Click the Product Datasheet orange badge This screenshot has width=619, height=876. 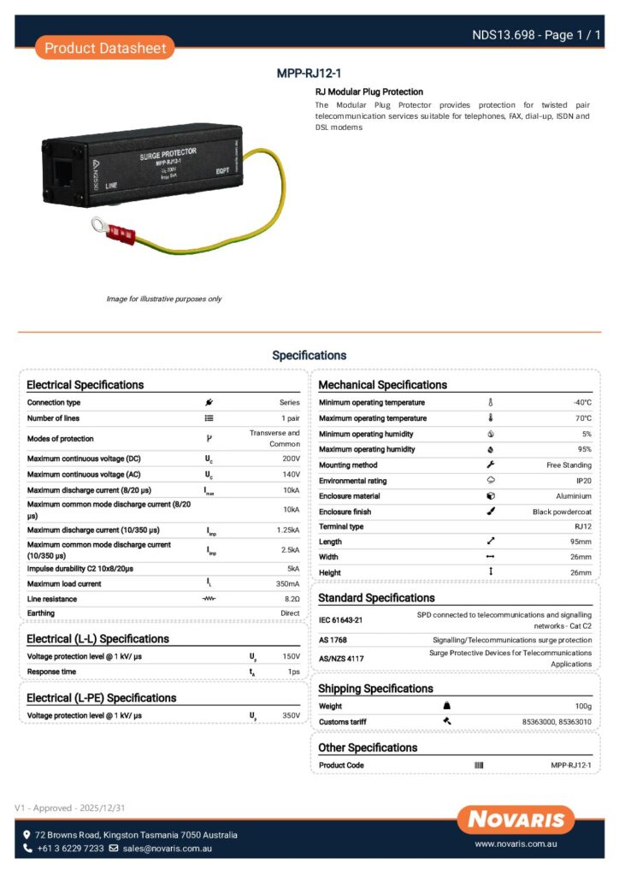(x=104, y=48)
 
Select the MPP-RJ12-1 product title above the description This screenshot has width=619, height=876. (x=309, y=74)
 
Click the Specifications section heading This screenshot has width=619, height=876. (x=309, y=355)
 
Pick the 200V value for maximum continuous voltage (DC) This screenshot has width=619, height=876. (x=291, y=459)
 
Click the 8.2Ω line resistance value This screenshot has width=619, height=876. (x=292, y=599)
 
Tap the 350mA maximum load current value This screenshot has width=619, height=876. (x=287, y=583)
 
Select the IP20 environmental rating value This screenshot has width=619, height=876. (x=583, y=481)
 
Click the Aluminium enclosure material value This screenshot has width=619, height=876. (x=573, y=496)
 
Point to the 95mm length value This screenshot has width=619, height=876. (x=581, y=542)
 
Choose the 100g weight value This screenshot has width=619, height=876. (x=582, y=707)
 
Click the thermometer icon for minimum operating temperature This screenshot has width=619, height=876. (x=491, y=402)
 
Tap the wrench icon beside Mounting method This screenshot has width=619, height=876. (x=491, y=465)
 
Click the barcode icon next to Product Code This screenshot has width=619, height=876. (x=479, y=765)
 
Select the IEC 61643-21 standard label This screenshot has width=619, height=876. (x=341, y=620)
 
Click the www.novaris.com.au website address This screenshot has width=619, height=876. (x=516, y=843)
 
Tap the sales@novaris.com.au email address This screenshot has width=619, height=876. (x=167, y=849)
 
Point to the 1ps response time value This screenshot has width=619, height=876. (x=292, y=672)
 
